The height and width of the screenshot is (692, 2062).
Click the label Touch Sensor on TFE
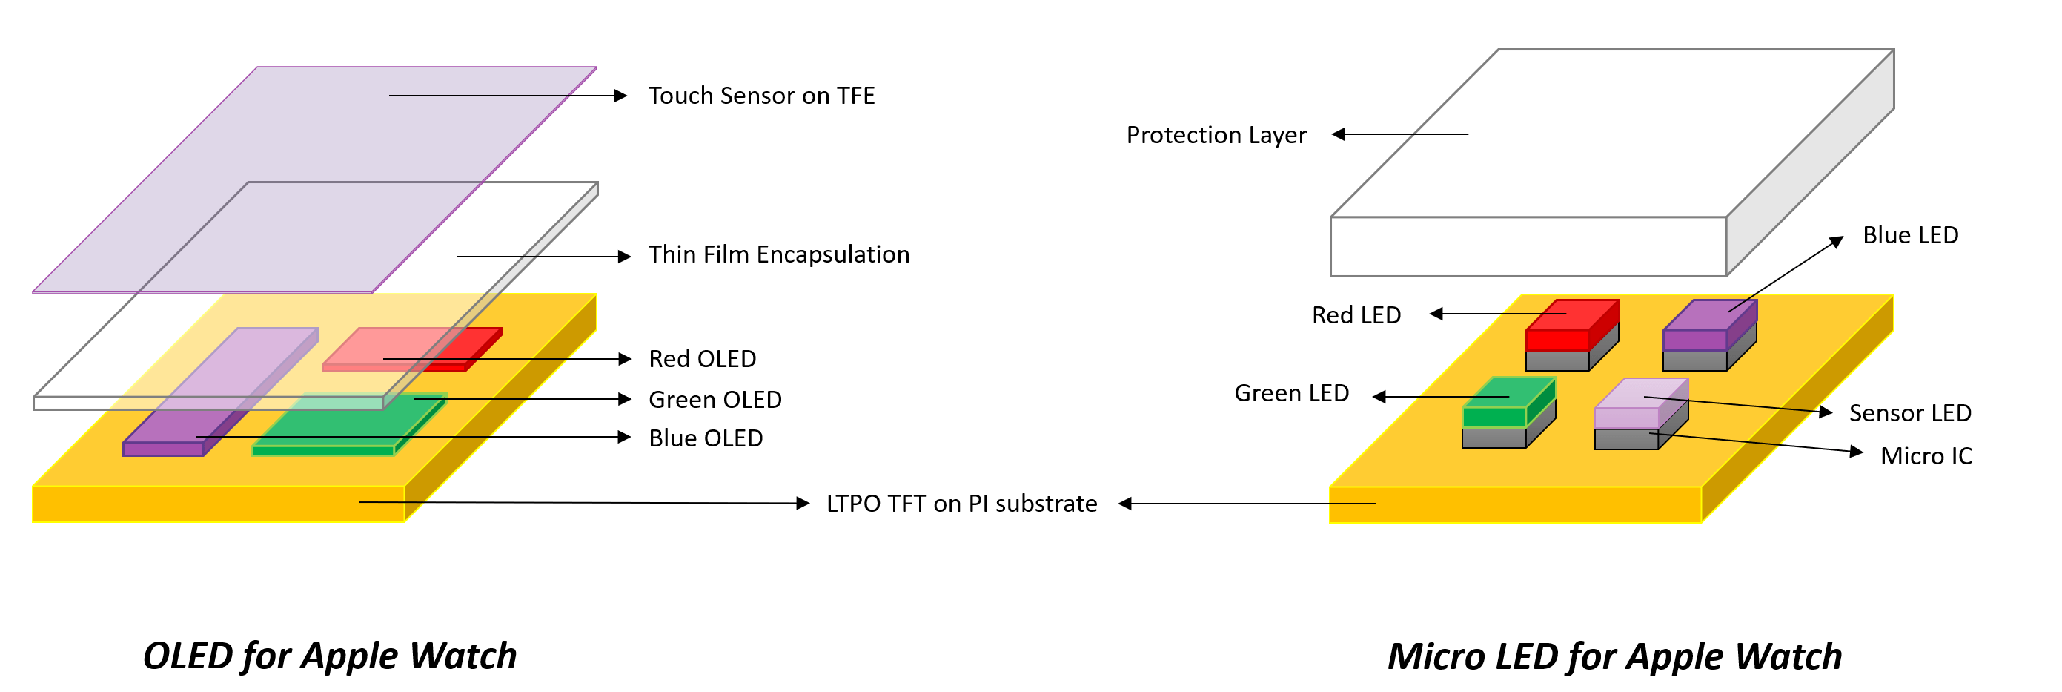click(760, 96)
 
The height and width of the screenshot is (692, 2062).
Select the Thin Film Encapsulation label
click(778, 254)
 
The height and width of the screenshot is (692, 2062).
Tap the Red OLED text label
click(702, 359)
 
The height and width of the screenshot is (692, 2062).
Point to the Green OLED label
click(714, 400)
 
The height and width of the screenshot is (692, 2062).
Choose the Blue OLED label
click(705, 438)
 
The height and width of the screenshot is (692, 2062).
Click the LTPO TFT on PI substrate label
click(961, 504)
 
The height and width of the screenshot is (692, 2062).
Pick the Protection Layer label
click(1215, 135)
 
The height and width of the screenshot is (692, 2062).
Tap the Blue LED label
click(1909, 235)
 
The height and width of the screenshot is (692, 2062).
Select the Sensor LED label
click(1909, 413)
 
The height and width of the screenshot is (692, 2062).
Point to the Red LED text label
click(1355, 315)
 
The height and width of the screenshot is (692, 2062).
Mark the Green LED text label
click(1290, 393)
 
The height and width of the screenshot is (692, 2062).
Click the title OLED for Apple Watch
click(329, 656)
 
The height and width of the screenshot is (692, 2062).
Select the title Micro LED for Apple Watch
click(1614, 656)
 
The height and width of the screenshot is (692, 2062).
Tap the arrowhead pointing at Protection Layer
click(1339, 134)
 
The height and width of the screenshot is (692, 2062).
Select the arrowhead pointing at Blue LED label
click(1836, 240)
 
